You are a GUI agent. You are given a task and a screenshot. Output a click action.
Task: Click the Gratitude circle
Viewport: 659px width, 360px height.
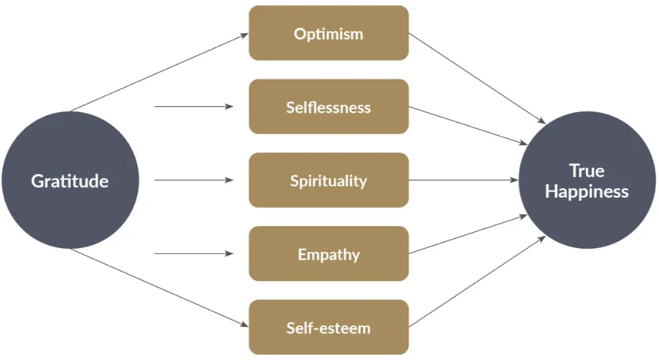[71, 180]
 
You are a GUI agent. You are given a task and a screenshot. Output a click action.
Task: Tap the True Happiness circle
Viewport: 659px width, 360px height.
[587, 180]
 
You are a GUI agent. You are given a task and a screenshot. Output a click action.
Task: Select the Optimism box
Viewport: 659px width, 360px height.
[329, 33]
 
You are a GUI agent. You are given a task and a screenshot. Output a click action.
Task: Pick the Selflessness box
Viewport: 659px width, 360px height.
[329, 106]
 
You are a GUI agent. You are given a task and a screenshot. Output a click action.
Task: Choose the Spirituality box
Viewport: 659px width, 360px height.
[329, 180]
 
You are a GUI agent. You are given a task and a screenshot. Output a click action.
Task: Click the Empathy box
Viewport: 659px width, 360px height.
[329, 254]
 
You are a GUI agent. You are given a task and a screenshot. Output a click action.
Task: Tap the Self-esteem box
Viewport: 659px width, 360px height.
[329, 327]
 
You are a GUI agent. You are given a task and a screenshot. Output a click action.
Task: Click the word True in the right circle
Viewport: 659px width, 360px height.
[587, 171]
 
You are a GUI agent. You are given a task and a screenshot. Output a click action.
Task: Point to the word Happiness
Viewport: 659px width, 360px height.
[587, 192]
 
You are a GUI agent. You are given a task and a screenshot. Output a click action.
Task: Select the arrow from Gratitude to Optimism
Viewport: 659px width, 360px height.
[159, 73]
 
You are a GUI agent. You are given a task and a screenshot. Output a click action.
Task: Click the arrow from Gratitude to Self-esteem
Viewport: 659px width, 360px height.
[159, 287]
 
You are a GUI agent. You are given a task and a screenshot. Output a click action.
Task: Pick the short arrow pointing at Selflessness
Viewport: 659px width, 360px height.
[194, 106]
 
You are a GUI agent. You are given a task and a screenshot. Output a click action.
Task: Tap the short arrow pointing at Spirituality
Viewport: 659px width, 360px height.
[194, 180]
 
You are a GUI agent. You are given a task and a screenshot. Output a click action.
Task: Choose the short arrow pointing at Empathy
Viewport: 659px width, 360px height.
[194, 254]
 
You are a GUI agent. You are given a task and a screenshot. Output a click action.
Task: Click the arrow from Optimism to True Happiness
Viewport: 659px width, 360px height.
[477, 78]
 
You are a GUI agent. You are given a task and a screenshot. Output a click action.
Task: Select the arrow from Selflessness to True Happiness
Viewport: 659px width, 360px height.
[468, 125]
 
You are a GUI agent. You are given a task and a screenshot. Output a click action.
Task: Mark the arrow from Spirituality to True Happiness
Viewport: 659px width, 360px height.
[463, 180]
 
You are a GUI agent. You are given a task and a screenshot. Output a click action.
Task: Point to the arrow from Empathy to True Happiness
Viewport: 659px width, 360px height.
[468, 235]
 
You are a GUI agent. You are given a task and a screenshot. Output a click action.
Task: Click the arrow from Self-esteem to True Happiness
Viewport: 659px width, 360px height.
[477, 282]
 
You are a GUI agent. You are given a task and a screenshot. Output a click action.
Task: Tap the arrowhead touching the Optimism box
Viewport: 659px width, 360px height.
[244, 35]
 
